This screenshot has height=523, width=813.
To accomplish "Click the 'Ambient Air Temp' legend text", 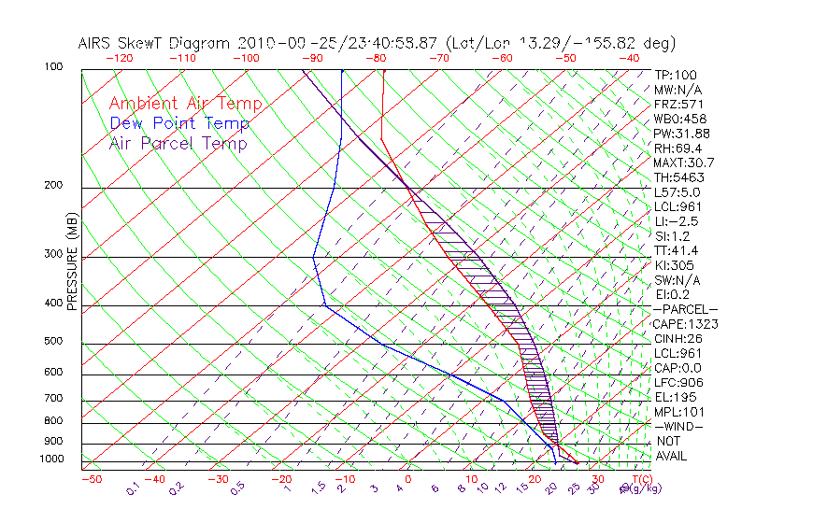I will (185, 104).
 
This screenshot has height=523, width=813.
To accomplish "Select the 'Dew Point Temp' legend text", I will (178, 123).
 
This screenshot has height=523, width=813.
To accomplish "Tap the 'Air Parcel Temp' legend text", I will (178, 143).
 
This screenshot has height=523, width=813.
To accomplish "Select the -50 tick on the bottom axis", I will (91, 479).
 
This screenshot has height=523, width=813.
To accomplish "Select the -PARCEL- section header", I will (685, 309).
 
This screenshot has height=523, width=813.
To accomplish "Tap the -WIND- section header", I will (678, 426).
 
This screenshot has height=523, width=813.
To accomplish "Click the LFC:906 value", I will (677, 382).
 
